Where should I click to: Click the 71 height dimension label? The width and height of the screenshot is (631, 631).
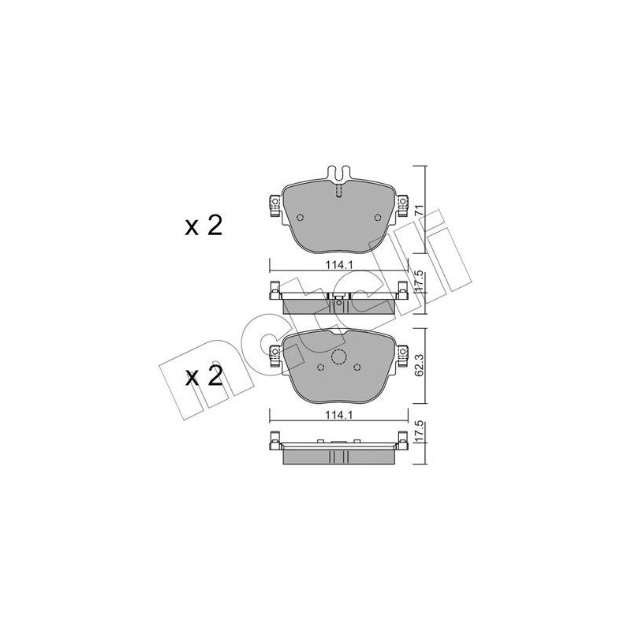click(x=420, y=210)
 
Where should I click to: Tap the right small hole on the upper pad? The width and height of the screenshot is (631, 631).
click(x=377, y=218)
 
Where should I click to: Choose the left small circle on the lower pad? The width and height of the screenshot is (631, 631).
click(x=319, y=367)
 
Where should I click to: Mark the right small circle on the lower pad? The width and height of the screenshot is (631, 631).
click(x=357, y=367)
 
